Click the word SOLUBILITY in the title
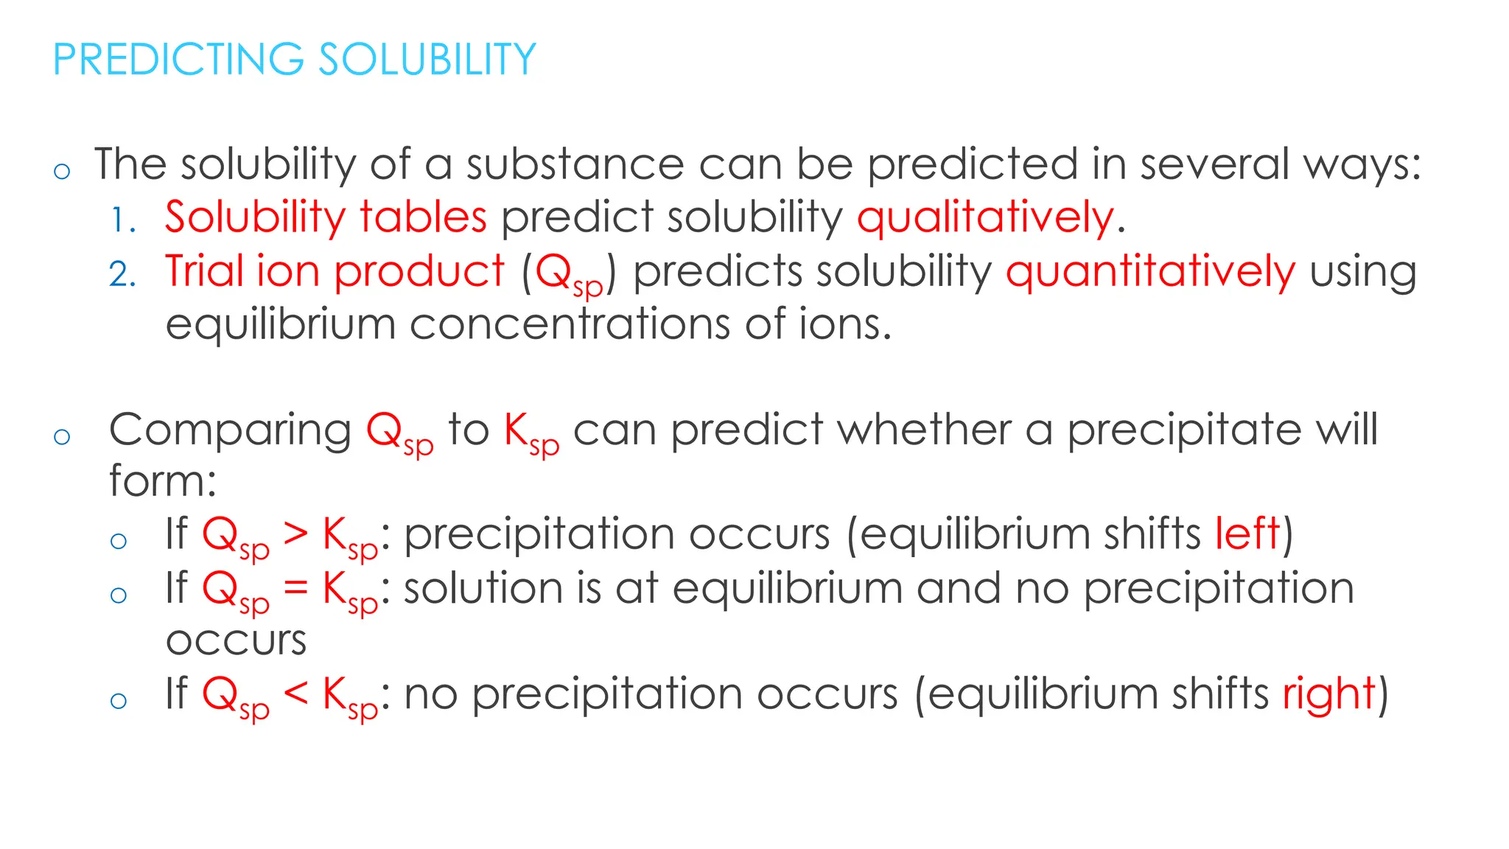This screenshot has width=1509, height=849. (427, 60)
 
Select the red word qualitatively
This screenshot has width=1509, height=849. (985, 218)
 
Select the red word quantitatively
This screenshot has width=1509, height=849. (1150, 272)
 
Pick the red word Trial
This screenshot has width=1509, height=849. (204, 270)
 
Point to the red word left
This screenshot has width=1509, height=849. (1247, 533)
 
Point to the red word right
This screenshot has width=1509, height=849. (1328, 694)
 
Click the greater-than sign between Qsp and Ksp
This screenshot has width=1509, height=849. (295, 534)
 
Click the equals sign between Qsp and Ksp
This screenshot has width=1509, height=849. (295, 587)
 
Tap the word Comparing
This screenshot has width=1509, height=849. (230, 430)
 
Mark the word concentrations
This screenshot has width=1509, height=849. (570, 324)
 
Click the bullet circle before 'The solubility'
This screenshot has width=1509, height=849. (62, 172)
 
